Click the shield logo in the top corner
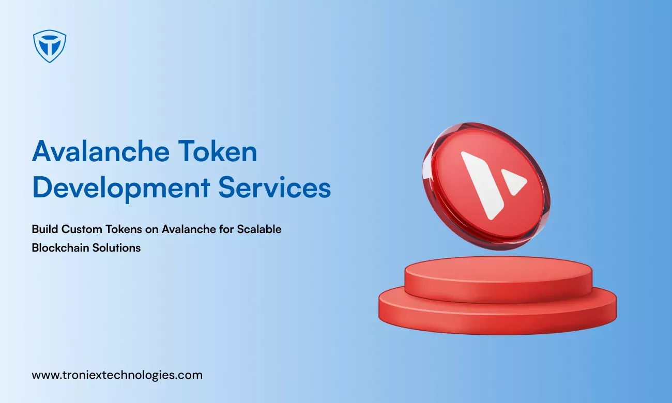[50, 46]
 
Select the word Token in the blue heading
[218, 151]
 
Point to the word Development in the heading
[121, 188]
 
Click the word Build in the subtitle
[44, 229]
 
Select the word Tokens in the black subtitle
[124, 229]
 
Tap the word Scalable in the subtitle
[259, 229]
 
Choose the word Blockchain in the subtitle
[60, 247]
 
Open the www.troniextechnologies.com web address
[117, 376]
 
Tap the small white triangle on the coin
[512, 181]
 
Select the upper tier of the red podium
[498, 280]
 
